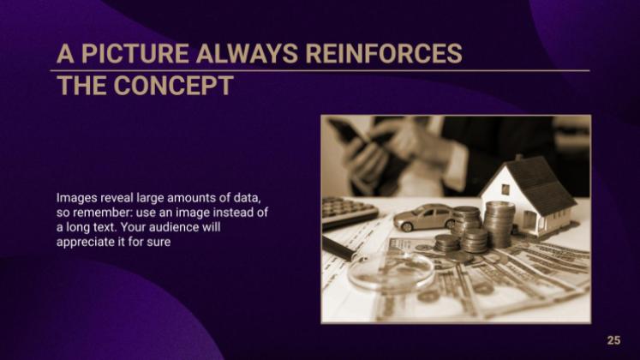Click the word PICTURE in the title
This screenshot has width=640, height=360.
[135, 53]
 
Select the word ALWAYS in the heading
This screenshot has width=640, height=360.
[247, 53]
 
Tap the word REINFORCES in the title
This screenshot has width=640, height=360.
[384, 53]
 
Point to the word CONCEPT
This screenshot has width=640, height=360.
[173, 86]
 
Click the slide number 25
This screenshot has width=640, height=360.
[613, 340]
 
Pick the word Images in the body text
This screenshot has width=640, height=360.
[77, 198]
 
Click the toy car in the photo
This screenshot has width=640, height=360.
[424, 217]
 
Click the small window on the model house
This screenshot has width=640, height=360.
[505, 189]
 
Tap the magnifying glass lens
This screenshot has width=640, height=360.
[390, 270]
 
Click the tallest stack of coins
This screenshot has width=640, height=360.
[499, 225]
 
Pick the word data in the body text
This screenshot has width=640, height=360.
[246, 198]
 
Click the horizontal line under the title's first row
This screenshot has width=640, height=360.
[320, 70]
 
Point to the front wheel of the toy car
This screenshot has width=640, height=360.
[407, 226]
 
